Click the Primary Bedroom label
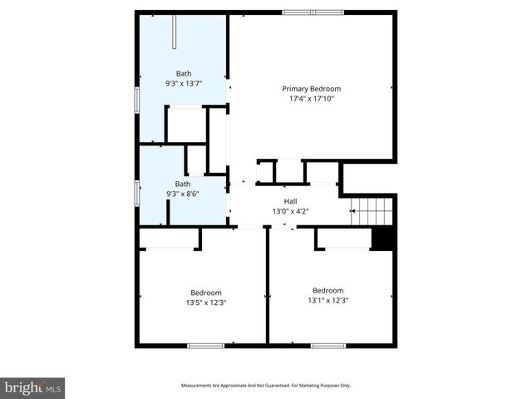(312, 89)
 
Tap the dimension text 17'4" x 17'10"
(312, 100)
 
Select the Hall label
(290, 201)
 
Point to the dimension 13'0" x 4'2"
(290, 212)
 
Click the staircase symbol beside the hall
(371, 213)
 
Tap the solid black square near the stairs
(382, 238)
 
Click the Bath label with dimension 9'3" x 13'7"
(183, 73)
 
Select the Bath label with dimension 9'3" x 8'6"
(182, 184)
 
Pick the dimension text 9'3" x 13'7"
(183, 84)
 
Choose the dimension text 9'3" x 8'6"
(182, 194)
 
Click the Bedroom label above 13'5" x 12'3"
(205, 293)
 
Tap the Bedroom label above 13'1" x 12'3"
(328, 290)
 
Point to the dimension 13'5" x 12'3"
(205, 303)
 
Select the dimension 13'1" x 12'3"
(328, 300)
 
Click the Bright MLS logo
(33, 387)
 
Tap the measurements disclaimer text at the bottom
(266, 386)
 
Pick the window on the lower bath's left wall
(137, 192)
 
